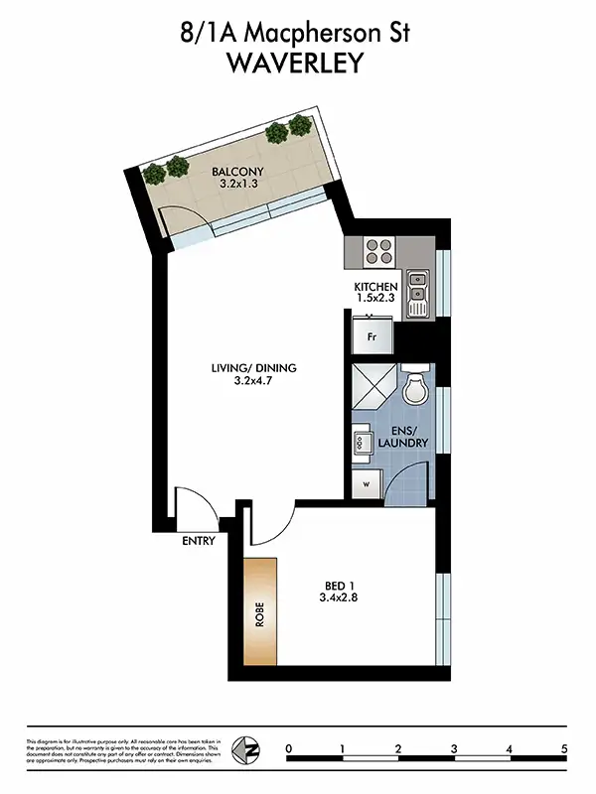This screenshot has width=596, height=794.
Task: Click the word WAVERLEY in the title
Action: tap(297, 64)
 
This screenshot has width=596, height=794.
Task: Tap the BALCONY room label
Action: tap(239, 171)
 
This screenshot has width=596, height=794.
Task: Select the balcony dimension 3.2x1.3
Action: tap(239, 185)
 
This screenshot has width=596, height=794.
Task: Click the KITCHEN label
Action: tap(375, 288)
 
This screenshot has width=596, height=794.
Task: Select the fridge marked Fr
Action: tap(372, 335)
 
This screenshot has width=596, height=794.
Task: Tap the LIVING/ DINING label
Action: tap(253, 368)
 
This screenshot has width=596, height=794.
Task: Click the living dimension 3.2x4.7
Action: tap(253, 381)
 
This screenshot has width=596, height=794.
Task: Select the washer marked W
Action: tap(367, 485)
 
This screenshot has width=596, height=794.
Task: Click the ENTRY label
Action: tap(199, 542)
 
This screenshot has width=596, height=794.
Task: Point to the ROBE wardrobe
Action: tap(260, 611)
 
